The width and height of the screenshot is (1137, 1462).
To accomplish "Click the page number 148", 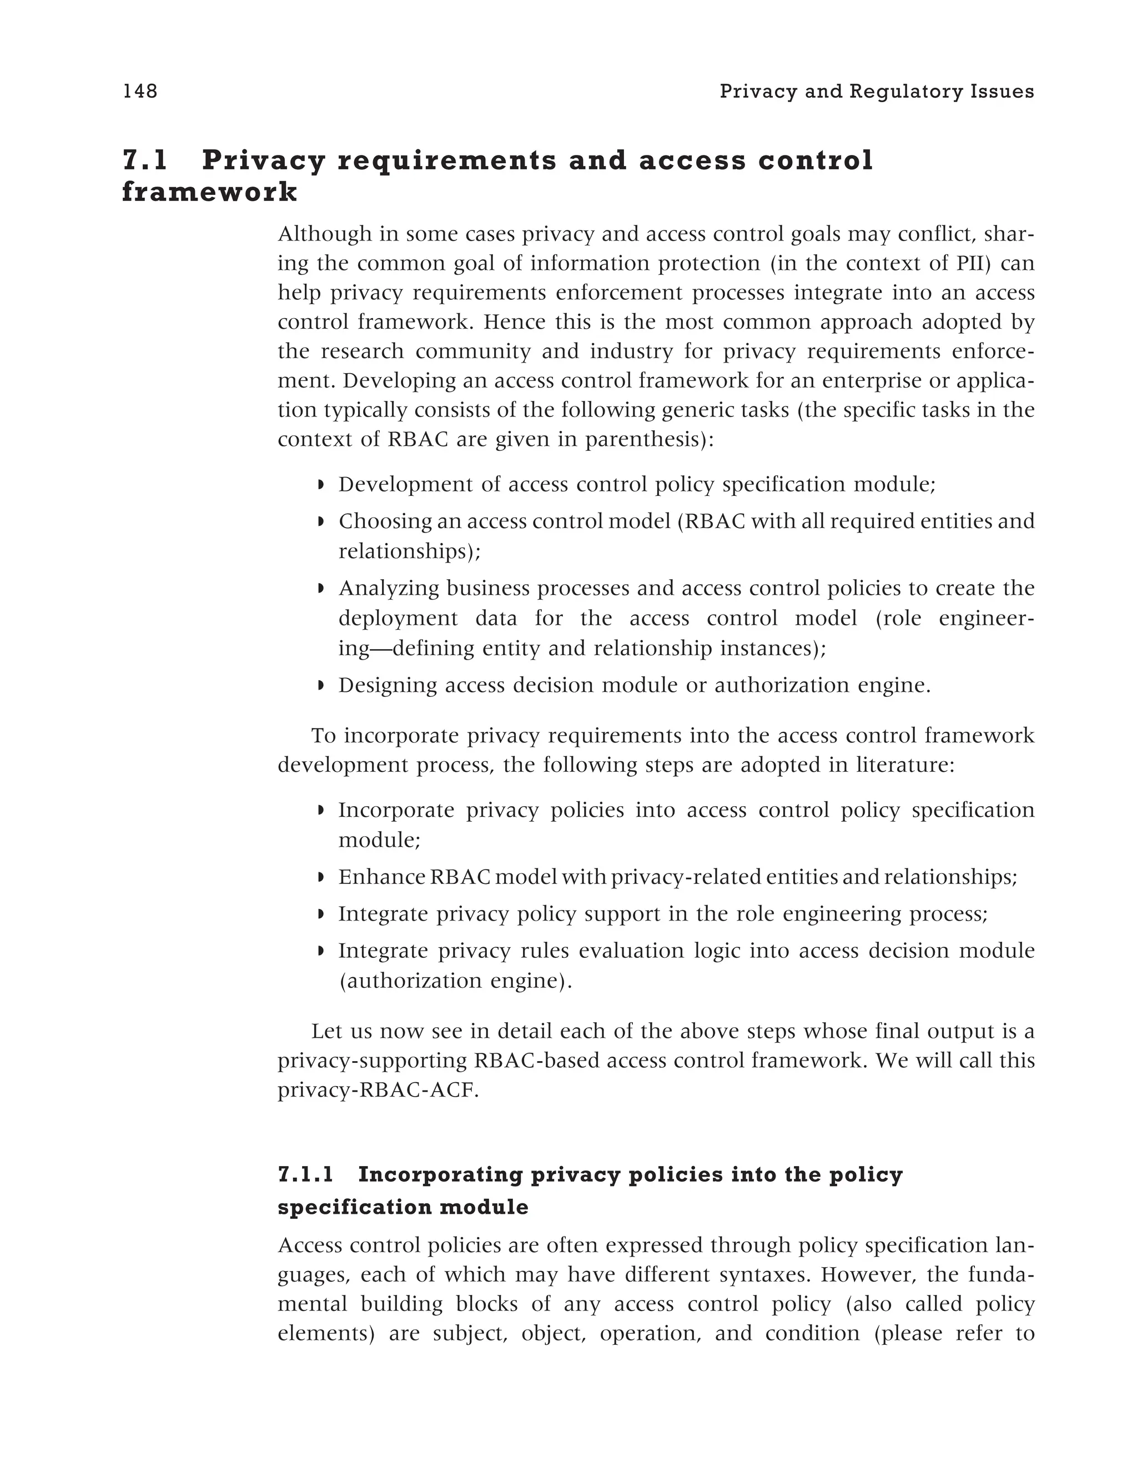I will click(x=140, y=91).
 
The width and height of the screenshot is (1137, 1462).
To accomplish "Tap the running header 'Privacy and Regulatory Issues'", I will click(x=877, y=91).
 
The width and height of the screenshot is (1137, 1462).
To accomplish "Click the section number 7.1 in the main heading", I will click(x=145, y=160).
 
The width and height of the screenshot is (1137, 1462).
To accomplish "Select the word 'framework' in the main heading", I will click(x=209, y=192).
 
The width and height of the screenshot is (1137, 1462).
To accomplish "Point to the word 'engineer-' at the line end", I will click(x=987, y=618).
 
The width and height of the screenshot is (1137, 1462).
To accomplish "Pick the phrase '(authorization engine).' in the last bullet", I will click(x=455, y=981).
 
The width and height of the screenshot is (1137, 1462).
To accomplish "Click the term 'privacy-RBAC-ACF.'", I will click(x=378, y=1090).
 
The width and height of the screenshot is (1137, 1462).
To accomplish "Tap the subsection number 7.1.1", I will click(x=305, y=1175).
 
